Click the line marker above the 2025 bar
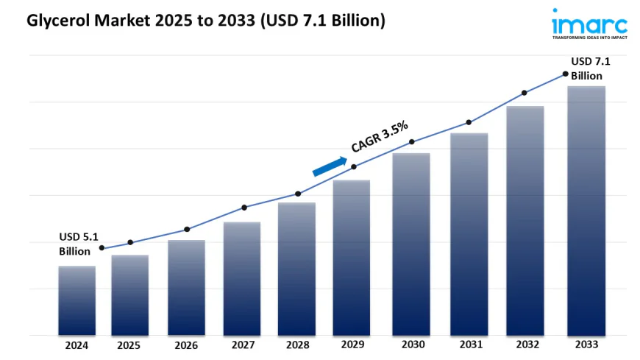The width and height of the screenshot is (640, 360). point(130,242)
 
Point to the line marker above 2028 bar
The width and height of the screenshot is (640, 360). point(298,194)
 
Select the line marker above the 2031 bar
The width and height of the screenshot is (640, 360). point(468,122)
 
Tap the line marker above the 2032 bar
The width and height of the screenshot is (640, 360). point(525,93)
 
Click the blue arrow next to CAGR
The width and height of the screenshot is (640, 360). point(330,167)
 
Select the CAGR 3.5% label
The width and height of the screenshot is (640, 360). point(380,138)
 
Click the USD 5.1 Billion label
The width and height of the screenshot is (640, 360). point(78,244)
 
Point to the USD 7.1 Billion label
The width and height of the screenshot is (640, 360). point(590,68)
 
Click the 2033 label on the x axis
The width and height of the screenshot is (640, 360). point(586,345)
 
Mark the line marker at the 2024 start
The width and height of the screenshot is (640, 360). point(102,248)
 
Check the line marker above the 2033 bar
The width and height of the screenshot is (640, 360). point(565,74)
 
